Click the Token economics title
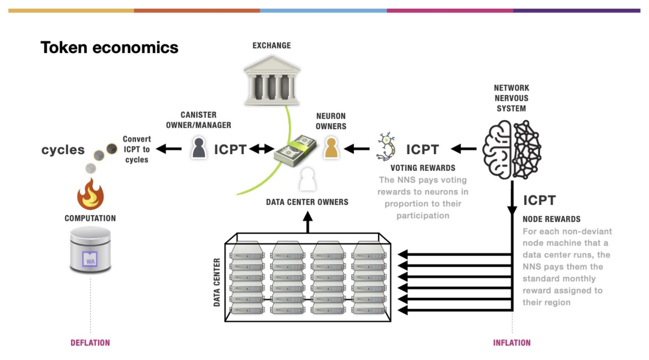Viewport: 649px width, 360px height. pyautogui.click(x=109, y=47)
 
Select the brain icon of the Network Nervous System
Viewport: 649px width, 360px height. pyautogui.click(x=511, y=149)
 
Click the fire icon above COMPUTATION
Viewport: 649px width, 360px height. pyautogui.click(x=90, y=193)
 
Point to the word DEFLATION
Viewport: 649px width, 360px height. pyautogui.click(x=90, y=343)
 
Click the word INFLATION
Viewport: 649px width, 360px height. pyautogui.click(x=512, y=343)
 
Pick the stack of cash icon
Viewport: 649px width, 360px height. pyautogui.click(x=295, y=149)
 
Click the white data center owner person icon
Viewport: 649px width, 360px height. pyautogui.click(x=307, y=180)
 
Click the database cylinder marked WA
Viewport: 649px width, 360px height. pyautogui.click(x=90, y=250)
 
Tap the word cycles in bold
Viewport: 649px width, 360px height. pyautogui.click(x=63, y=150)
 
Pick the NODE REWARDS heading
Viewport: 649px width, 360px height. pyautogui.click(x=551, y=219)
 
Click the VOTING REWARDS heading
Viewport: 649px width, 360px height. pyautogui.click(x=423, y=168)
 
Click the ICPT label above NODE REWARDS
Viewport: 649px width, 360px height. pyautogui.click(x=539, y=200)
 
